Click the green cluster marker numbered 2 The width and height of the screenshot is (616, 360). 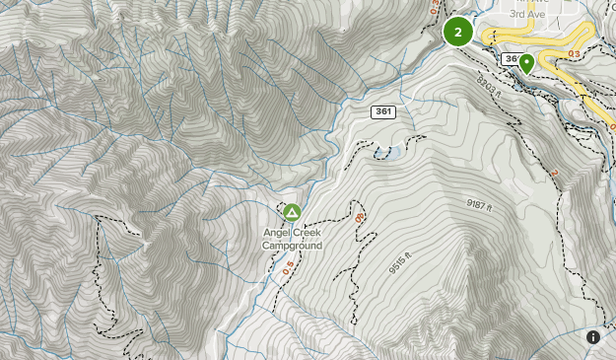(x=457, y=32)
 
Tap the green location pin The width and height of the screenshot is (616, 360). (x=527, y=64)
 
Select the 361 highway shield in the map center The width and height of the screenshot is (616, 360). (x=383, y=112)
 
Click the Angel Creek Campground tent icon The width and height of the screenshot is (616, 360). (x=292, y=212)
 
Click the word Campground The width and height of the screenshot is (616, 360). (x=293, y=246)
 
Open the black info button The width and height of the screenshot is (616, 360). (x=593, y=337)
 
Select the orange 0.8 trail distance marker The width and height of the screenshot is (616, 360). (x=360, y=214)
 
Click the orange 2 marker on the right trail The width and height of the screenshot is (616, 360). (x=554, y=174)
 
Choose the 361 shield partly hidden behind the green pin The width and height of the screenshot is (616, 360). (x=513, y=59)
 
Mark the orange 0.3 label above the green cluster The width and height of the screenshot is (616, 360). (x=435, y=6)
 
